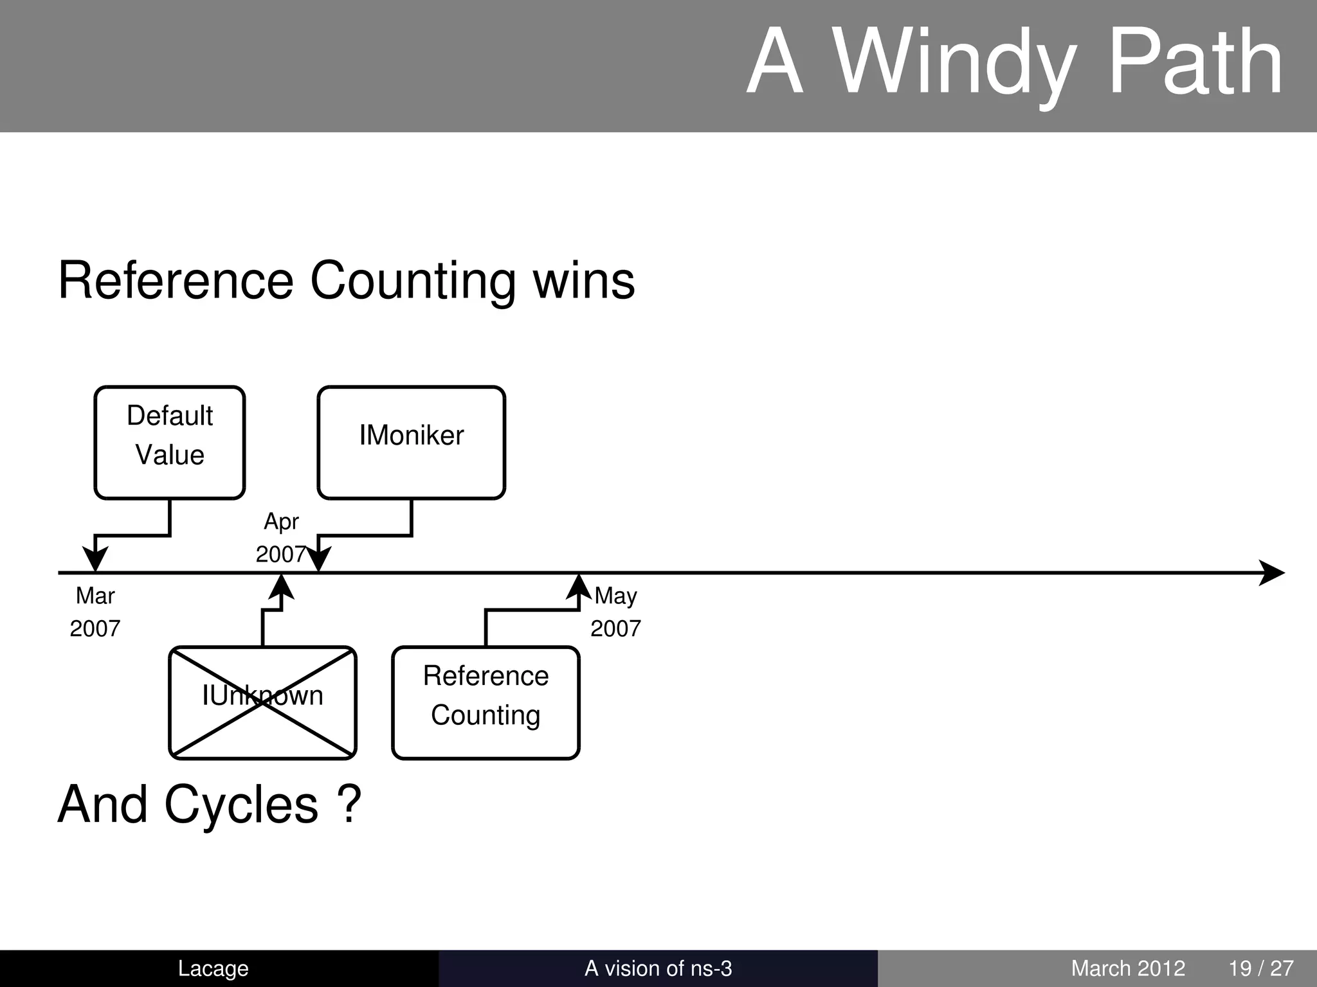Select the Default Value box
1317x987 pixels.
tap(170, 442)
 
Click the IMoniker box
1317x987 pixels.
tap(411, 442)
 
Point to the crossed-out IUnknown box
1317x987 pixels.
tap(262, 702)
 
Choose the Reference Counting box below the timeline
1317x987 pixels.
tap(486, 702)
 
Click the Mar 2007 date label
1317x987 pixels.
tap(95, 612)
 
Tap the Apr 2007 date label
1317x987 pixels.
tap(280, 538)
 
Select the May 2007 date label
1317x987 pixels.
tap(615, 612)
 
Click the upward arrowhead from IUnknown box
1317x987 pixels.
tap(281, 587)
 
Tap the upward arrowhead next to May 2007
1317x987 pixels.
tap(579, 587)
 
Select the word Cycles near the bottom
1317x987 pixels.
tap(241, 805)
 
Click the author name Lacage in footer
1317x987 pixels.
tap(213, 968)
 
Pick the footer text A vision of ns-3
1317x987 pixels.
tap(658, 968)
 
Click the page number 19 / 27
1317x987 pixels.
tap(1260, 968)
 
